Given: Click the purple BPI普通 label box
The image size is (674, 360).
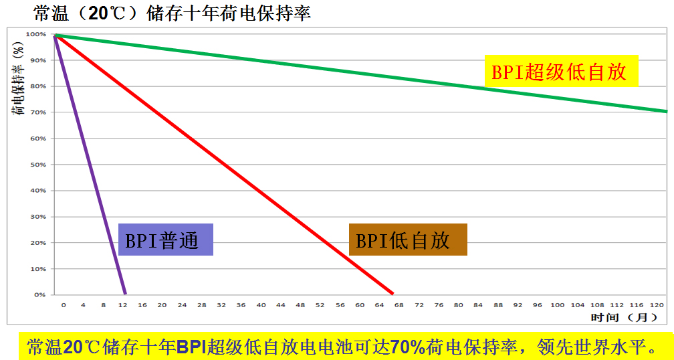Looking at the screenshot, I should [x=166, y=240].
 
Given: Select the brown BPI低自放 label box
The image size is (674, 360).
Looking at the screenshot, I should [x=408, y=240].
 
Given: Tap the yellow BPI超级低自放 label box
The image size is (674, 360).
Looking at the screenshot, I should [x=562, y=71].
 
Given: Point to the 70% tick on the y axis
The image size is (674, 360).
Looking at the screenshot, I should [x=37, y=112].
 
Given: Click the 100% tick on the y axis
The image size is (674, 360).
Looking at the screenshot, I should [x=36, y=34].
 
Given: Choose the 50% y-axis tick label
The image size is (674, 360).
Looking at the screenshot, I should [x=37, y=165].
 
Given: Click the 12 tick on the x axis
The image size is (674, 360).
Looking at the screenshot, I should [x=123, y=305].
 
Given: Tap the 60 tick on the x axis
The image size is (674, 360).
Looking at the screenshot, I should [x=360, y=305].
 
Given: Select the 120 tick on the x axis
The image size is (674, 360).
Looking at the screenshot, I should [x=657, y=305].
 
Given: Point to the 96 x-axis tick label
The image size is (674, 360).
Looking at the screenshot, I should [x=538, y=305].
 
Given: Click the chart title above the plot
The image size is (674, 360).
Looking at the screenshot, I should [x=172, y=13].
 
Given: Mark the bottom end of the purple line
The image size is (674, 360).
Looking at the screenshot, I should [x=124, y=293].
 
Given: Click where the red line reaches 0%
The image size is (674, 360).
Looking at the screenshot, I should [x=392, y=293].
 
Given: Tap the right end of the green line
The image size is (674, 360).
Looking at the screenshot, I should [x=666, y=111].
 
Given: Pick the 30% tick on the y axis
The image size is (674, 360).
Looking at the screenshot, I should [x=37, y=217].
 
